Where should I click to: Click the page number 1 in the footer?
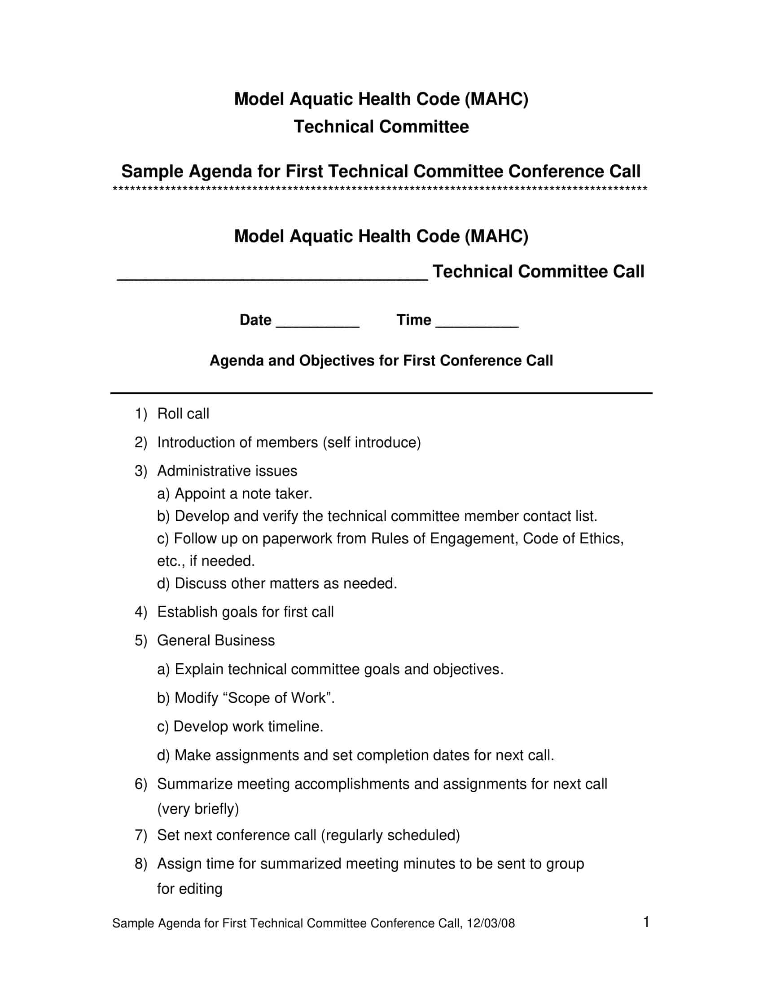coord(646,922)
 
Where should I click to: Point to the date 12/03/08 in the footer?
coord(491,923)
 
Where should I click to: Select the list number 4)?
coord(140,612)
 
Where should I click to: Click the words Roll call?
coord(183,414)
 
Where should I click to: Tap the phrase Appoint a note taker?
coord(243,494)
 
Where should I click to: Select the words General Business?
coord(215,640)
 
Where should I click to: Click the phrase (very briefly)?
coord(198,808)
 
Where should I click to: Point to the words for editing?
coord(189,888)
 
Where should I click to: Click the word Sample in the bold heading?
coord(152,172)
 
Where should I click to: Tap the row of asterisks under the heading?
coord(380,189)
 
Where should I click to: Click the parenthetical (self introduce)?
coord(372,442)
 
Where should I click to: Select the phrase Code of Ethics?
coord(573,538)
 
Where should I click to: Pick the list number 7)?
coord(140,835)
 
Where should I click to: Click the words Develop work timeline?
coord(248,726)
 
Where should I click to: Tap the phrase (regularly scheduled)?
coord(390,835)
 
